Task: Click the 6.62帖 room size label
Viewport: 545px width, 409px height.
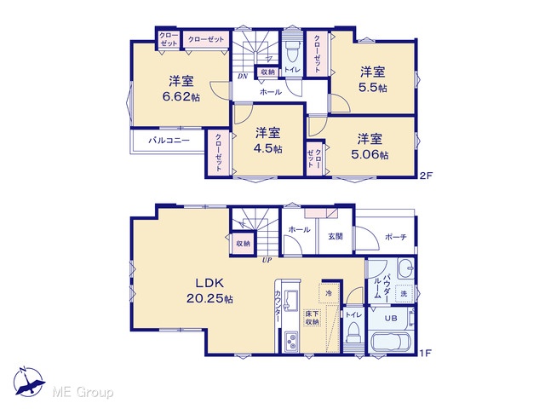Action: point(181,96)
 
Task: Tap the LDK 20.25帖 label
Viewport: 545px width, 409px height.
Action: point(209,291)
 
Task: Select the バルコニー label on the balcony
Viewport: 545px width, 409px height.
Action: point(169,141)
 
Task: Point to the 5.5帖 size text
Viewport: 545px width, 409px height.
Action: point(373,87)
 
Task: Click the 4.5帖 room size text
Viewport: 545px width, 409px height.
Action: point(267,148)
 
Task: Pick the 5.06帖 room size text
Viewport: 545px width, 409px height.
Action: point(370,154)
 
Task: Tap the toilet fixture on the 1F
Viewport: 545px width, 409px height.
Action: point(354,333)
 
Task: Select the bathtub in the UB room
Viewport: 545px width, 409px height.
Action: point(390,343)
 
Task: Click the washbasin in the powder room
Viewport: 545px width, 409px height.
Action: point(405,268)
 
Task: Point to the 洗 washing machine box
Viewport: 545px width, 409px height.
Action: point(404,293)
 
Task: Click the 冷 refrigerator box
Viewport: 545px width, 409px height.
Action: point(329,293)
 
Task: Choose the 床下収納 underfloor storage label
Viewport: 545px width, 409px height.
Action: point(313,318)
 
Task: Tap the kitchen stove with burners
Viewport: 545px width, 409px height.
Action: point(291,342)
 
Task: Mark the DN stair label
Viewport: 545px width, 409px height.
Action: point(243,77)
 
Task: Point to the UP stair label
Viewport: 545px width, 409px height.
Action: point(267,260)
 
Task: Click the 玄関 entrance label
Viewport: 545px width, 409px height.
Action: point(336,237)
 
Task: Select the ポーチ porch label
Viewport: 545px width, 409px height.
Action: point(396,237)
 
